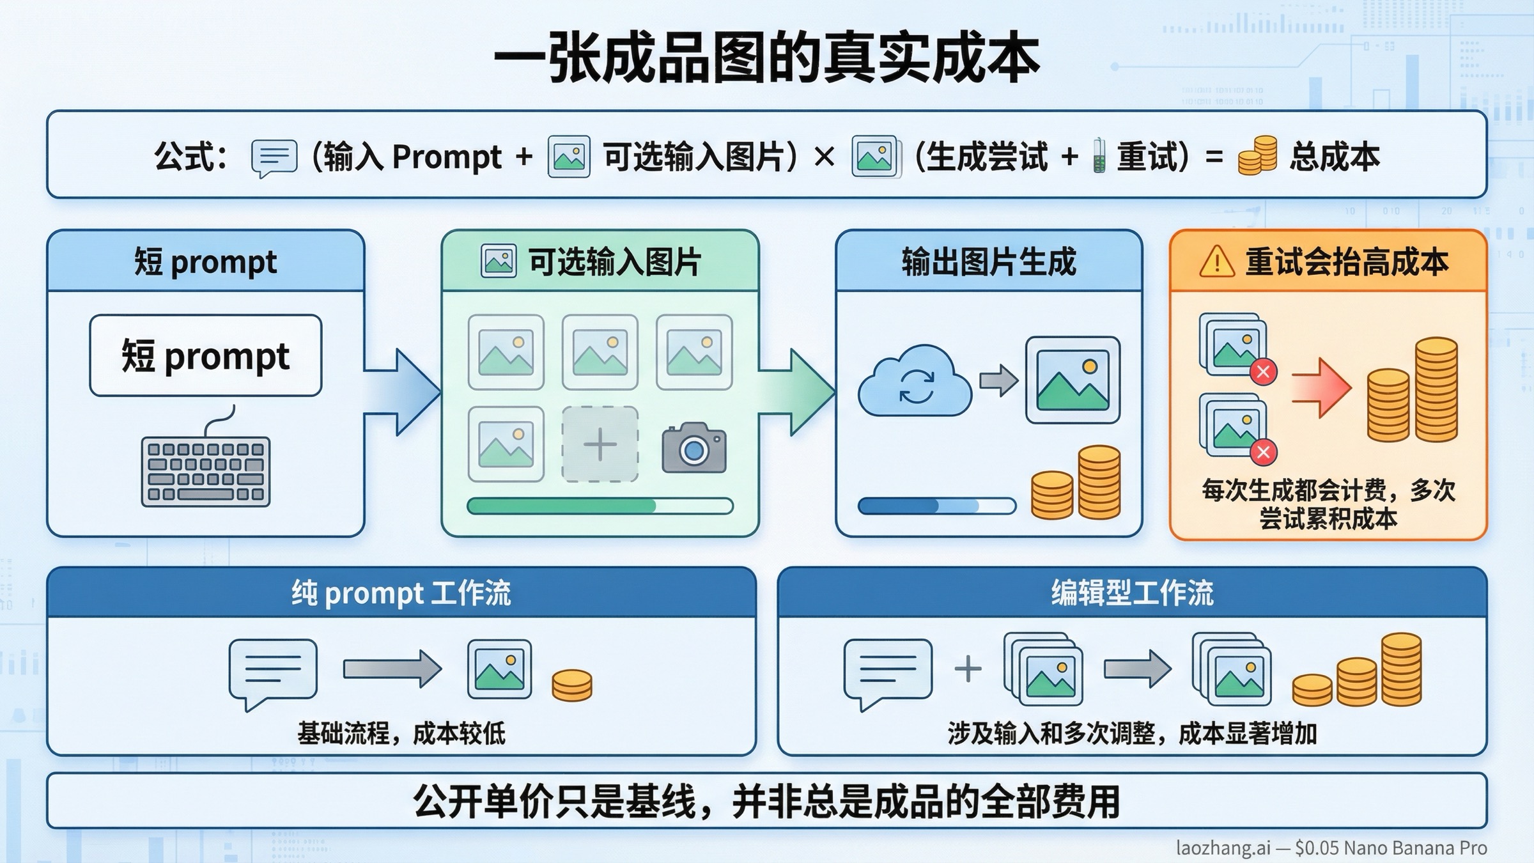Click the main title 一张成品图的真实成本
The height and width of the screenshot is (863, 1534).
(x=766, y=59)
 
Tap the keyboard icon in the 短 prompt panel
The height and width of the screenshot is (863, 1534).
(x=206, y=472)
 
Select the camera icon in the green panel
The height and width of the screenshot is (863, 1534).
(x=694, y=448)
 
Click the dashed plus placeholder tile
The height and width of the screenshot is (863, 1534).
(x=600, y=444)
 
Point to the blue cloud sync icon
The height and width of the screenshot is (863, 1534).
(x=915, y=382)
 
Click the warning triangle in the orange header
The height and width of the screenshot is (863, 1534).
(x=1216, y=262)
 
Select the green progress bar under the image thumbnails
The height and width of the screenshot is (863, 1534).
(x=600, y=506)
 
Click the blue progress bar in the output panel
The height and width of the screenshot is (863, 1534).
(x=936, y=506)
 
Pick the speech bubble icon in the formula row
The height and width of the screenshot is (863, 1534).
(x=274, y=157)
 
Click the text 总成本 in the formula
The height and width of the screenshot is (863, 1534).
(x=1334, y=157)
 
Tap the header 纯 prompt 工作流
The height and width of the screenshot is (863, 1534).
(x=401, y=593)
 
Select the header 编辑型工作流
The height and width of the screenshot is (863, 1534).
(x=1132, y=593)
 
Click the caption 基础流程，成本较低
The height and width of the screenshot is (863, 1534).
(x=401, y=733)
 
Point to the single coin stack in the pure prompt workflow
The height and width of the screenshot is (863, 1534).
(x=571, y=685)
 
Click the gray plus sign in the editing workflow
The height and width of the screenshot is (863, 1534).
(x=968, y=669)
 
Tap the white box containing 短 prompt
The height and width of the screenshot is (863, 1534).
(x=206, y=355)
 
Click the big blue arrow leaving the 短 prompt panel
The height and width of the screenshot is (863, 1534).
(x=403, y=392)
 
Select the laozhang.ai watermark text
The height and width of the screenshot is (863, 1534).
(x=1331, y=848)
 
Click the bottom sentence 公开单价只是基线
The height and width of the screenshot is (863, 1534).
(x=766, y=802)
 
